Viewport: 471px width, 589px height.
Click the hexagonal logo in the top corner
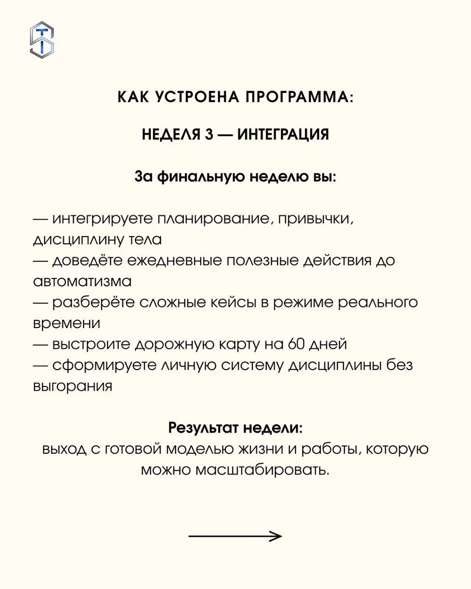tap(42, 40)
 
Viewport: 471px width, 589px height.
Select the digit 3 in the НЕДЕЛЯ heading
tap(209, 134)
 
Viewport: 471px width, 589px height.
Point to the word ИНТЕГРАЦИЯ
tap(283, 134)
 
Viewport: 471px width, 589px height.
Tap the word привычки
tap(315, 219)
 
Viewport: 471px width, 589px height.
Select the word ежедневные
tap(176, 260)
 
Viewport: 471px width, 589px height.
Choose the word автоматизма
tap(82, 281)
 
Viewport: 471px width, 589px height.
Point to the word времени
tap(67, 323)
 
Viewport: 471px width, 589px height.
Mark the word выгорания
tap(73, 386)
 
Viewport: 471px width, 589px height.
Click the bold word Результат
tap(203, 428)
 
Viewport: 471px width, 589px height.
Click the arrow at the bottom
tap(235, 536)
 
